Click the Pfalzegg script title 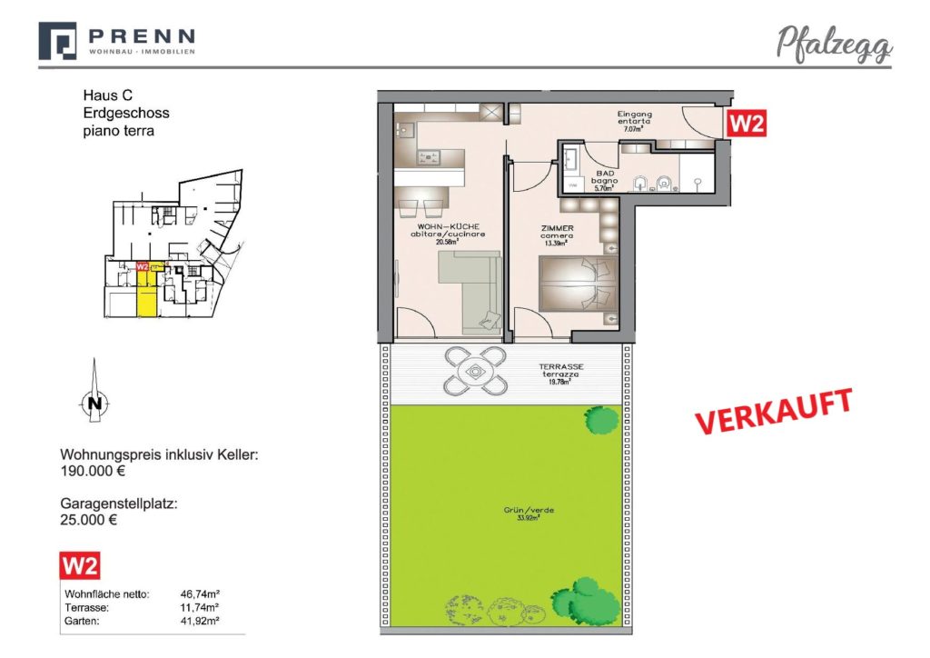point(834,43)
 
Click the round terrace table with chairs point(474,371)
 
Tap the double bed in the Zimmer point(578,282)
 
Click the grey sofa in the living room point(468,289)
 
